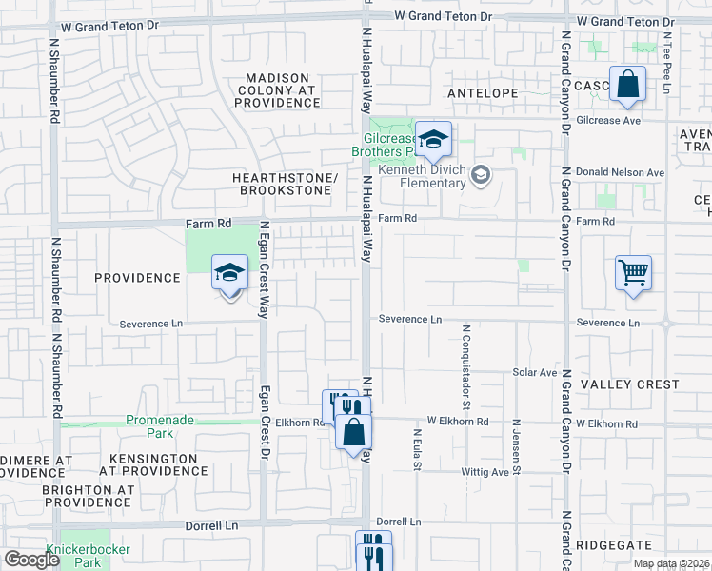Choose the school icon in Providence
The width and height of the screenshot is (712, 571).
click(229, 274)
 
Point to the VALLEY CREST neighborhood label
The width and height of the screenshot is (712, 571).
click(630, 384)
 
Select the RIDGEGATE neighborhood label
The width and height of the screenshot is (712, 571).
click(614, 545)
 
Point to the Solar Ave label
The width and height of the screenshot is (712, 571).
click(534, 372)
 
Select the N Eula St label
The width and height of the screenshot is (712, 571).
click(417, 448)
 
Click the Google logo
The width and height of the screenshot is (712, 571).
click(31, 560)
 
